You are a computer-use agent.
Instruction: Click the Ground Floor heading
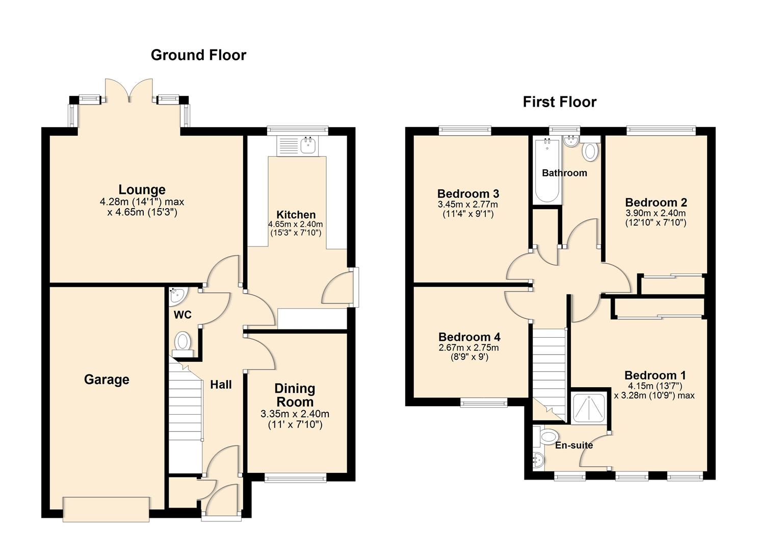(x=198, y=55)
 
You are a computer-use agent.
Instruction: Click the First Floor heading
(x=559, y=102)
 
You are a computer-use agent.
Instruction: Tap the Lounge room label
(x=142, y=190)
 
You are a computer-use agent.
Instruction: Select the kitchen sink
(x=308, y=145)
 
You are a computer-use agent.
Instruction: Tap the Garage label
(x=107, y=380)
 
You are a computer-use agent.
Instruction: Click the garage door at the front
(x=106, y=509)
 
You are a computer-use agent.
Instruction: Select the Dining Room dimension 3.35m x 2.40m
(x=295, y=414)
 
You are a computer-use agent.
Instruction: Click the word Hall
(x=221, y=385)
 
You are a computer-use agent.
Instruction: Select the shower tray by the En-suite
(x=589, y=408)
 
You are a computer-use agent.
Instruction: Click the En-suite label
(x=574, y=445)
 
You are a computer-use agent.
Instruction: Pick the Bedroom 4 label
(x=469, y=337)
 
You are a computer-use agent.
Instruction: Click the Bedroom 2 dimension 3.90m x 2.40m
(x=655, y=213)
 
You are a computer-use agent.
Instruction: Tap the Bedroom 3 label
(x=468, y=194)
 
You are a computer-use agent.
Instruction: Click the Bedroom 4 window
(x=484, y=403)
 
